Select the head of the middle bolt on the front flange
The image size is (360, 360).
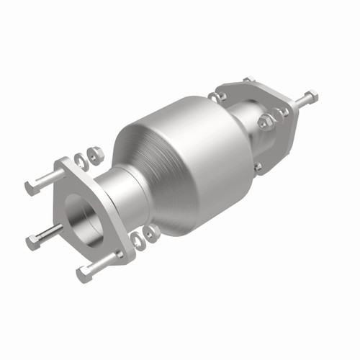33,242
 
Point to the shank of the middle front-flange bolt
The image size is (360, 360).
50,233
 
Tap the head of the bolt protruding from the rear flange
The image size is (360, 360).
311,96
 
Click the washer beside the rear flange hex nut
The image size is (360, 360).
283,112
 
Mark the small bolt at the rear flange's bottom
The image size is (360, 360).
258,167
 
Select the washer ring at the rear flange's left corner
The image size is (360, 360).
214,96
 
